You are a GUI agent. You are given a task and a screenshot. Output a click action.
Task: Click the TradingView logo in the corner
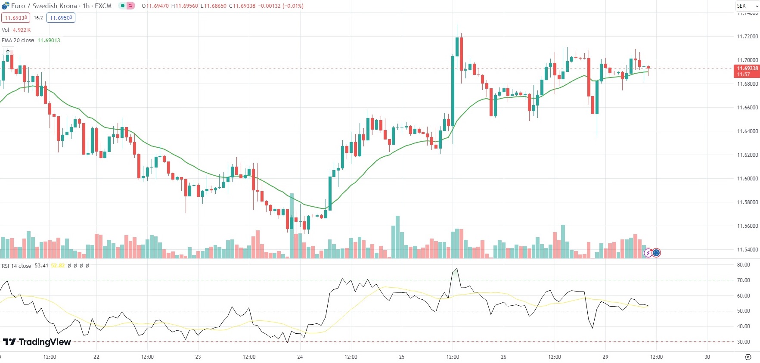[x=37, y=342]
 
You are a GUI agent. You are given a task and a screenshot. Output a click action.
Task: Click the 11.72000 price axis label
[x=747, y=37]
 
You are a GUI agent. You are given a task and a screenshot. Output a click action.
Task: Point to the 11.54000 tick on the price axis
[x=747, y=250]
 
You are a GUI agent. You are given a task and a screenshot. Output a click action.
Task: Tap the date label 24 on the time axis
[x=300, y=357]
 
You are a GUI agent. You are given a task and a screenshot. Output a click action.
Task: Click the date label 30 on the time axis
[x=707, y=357]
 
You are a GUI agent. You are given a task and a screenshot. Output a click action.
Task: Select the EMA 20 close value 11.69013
[x=49, y=40]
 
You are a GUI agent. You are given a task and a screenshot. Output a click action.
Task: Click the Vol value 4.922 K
[x=22, y=30]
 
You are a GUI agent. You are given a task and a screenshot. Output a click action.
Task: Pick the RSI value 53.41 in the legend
[x=41, y=266]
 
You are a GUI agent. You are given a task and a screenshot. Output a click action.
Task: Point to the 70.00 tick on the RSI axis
[x=743, y=280]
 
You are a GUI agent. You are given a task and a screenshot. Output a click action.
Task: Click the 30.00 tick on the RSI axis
[x=743, y=342]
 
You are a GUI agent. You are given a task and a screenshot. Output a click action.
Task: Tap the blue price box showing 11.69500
[x=61, y=18]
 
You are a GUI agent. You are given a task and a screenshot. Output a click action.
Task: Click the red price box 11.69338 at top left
[x=16, y=18]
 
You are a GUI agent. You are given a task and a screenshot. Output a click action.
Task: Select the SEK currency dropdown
[x=747, y=6]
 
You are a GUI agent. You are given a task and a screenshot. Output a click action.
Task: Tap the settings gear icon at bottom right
[x=748, y=357]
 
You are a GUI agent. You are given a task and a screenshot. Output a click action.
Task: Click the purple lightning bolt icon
[x=648, y=253]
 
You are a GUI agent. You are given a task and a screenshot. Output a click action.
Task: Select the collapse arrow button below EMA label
[x=8, y=51]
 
